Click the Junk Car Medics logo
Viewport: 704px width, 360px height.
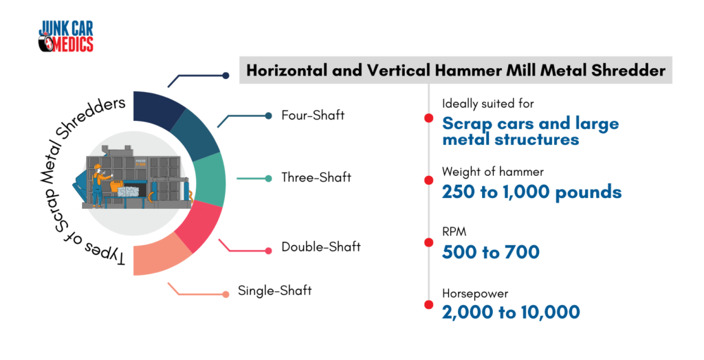pos(66,36)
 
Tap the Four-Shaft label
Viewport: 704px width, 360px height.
pos(313,115)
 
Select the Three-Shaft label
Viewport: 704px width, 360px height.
pos(316,177)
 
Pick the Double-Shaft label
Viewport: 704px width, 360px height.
pos(321,247)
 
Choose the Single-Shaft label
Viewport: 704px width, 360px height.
pos(275,291)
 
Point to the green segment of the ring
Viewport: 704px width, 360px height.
pos(211,179)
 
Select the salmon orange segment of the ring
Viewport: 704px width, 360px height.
pos(159,258)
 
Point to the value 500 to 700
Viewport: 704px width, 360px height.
pos(490,252)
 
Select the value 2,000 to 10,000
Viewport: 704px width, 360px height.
pos(511,313)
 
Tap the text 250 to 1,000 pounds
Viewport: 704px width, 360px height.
pos(531,192)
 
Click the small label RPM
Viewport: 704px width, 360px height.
pos(454,232)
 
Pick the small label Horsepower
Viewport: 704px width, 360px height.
pos(475,294)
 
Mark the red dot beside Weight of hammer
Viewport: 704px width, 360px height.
pos(429,181)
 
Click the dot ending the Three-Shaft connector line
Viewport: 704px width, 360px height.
pos(269,179)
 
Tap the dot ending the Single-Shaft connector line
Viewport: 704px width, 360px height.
pos(225,295)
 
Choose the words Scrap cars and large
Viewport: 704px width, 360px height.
pos(530,124)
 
